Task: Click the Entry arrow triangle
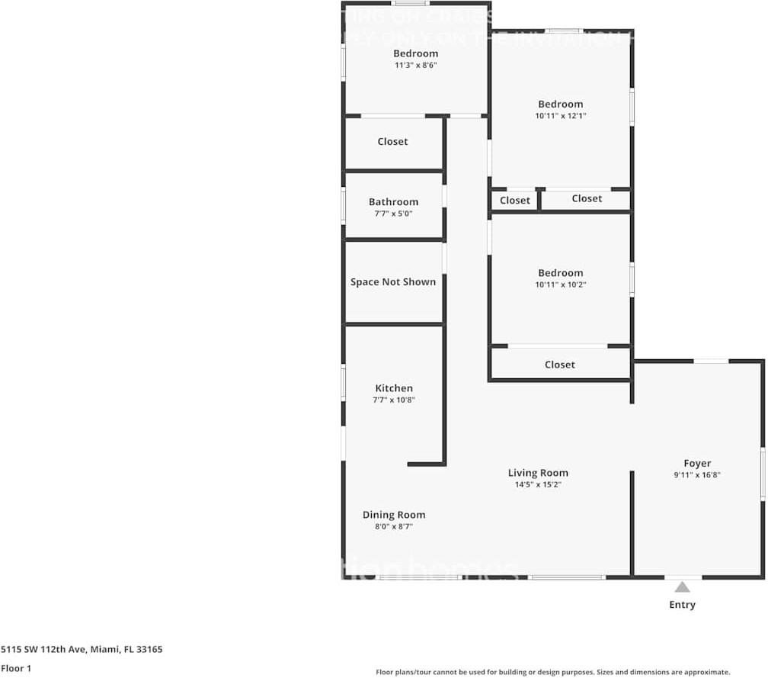click(683, 586)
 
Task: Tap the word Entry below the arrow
click(683, 605)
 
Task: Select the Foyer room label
click(697, 463)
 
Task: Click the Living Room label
click(539, 473)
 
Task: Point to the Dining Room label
click(394, 515)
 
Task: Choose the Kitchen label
click(394, 388)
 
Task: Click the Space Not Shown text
click(393, 282)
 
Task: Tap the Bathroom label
click(393, 202)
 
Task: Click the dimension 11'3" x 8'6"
click(415, 66)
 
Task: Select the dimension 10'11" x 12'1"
click(560, 116)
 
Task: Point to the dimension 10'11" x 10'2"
click(560, 284)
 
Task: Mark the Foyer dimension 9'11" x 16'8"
click(697, 474)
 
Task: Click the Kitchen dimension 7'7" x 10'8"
click(394, 400)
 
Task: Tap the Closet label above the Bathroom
click(392, 142)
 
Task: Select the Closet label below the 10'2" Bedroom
click(560, 365)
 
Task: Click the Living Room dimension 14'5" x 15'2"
click(539, 484)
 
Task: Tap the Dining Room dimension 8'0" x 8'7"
click(394, 526)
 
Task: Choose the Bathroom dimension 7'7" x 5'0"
click(393, 214)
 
